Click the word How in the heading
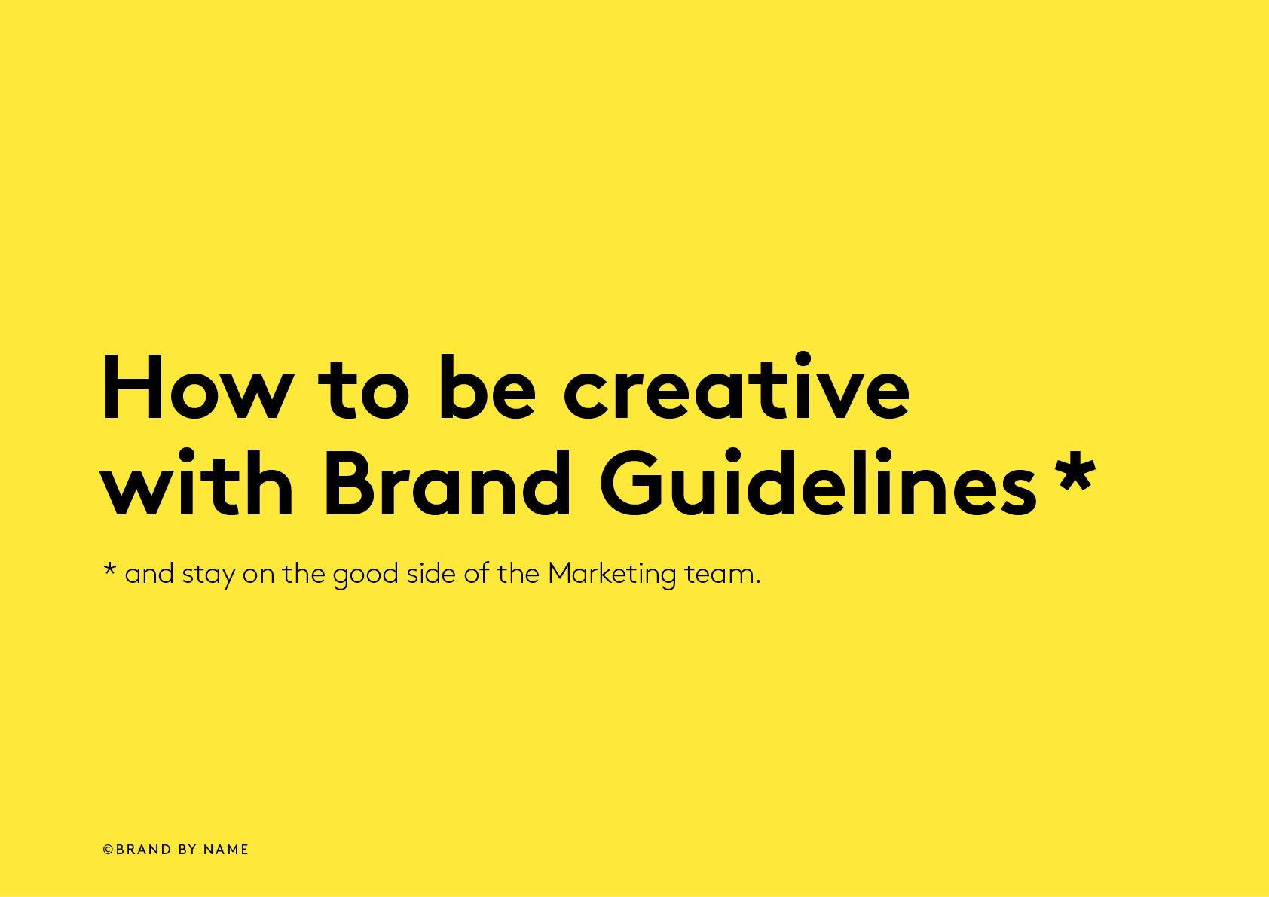(x=197, y=388)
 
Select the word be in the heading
(x=487, y=388)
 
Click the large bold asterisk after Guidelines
(x=1075, y=471)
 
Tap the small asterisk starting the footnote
(x=109, y=569)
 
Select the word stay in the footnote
(x=209, y=575)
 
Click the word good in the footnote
(x=365, y=575)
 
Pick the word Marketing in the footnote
(x=612, y=575)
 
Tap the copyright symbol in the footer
(x=108, y=850)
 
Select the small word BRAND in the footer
(x=144, y=850)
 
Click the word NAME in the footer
(x=226, y=850)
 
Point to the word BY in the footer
(x=188, y=850)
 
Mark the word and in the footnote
(x=149, y=574)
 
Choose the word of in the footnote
(x=476, y=574)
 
